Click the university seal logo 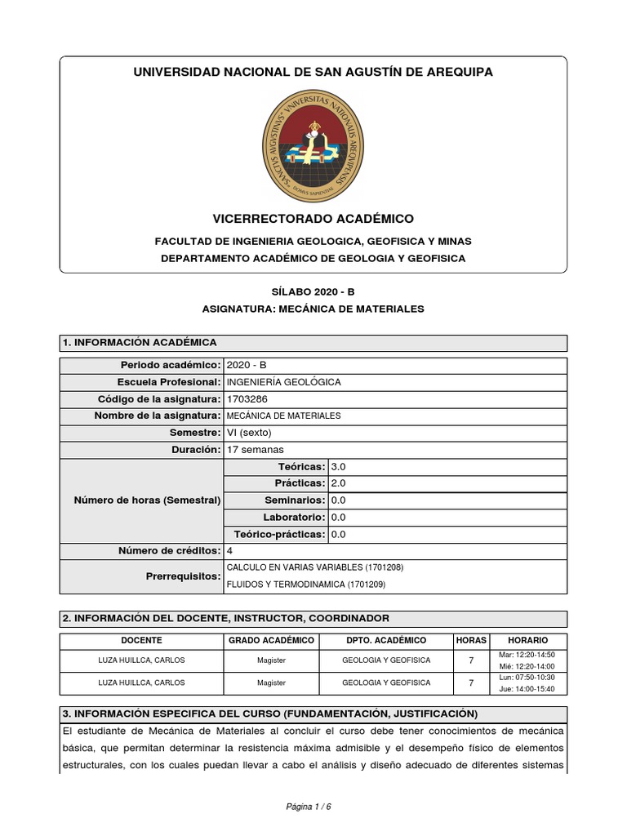(313, 147)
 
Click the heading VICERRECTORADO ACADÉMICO (313, 219)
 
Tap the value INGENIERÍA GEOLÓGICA (283, 382)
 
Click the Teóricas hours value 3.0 (339, 467)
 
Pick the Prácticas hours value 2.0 (339, 483)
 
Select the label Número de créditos (169, 551)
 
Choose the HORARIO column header (527, 641)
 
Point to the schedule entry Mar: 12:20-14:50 (527, 655)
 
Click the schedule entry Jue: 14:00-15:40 (527, 689)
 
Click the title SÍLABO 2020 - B (313, 291)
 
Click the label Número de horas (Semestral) (147, 500)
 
